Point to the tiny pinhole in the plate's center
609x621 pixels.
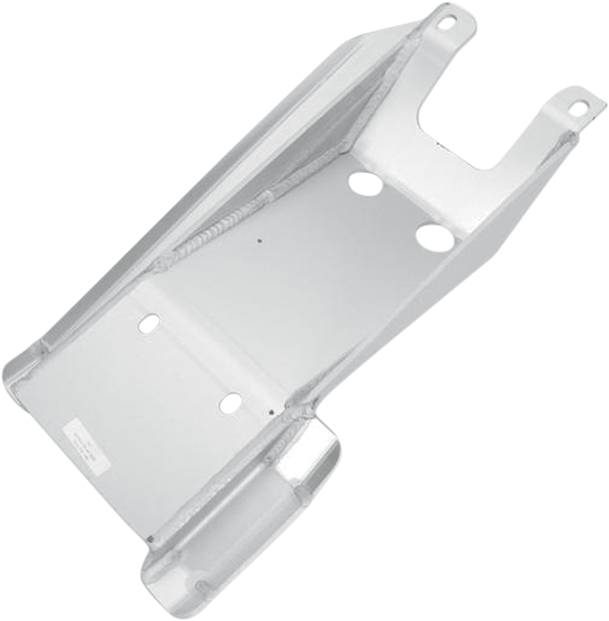259,242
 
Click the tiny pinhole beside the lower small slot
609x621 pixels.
271,411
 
